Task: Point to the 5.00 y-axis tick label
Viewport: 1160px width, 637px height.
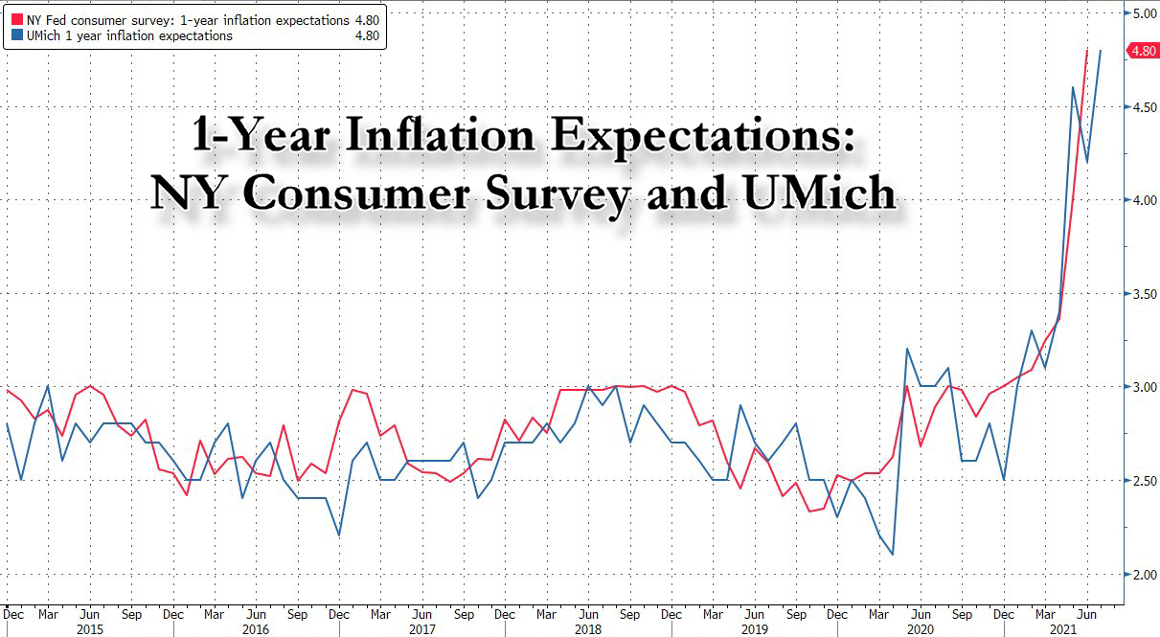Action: [x=1143, y=14]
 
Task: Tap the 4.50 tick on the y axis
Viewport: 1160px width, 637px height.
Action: [x=1143, y=107]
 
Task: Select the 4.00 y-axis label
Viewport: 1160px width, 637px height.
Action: [x=1143, y=200]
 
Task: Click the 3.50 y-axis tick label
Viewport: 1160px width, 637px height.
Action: [x=1143, y=294]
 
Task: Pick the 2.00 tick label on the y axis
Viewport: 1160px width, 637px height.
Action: [x=1143, y=575]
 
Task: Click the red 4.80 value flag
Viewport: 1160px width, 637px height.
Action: [x=1144, y=52]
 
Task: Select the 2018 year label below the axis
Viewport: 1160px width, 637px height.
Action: [x=588, y=628]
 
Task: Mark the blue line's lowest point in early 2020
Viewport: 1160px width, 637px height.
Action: [x=893, y=555]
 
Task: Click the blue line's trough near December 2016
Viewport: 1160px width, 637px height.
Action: [x=340, y=535]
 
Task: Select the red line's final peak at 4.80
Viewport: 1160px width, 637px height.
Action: [x=1086, y=51]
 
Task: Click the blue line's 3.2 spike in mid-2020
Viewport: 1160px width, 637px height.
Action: [x=906, y=350]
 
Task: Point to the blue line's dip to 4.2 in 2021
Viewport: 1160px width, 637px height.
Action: [x=1085, y=162]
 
